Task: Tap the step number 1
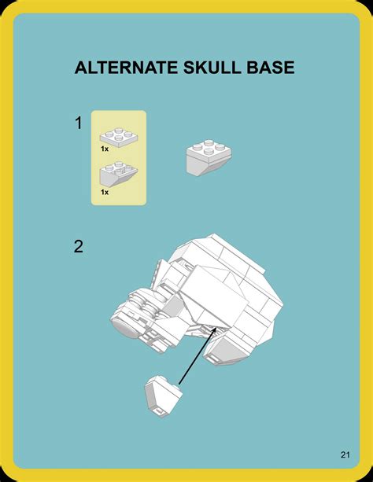tap(79, 123)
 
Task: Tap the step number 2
tap(79, 246)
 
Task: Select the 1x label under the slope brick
tap(104, 191)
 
